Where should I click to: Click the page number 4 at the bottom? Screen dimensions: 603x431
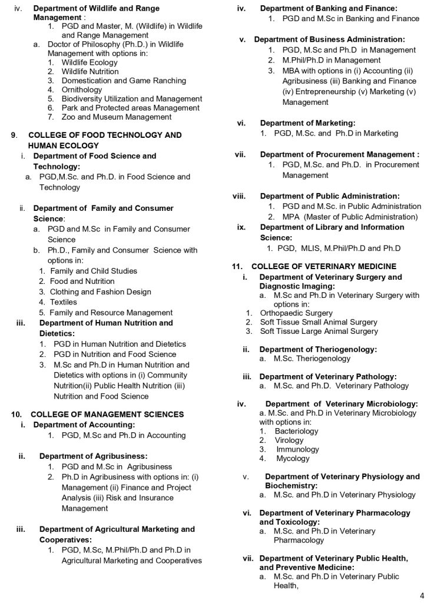pos(422,595)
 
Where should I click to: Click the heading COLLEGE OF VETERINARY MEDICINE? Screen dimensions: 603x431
pos(324,267)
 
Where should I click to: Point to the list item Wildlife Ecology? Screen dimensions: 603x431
pos(89,62)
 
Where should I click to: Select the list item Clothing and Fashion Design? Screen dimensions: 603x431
pos(101,292)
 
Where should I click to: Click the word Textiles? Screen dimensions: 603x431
pos(64,302)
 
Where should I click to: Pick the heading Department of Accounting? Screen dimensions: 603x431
pos(84,425)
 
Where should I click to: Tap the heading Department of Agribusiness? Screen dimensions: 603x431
pos(93,456)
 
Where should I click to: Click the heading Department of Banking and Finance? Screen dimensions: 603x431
pos(329,8)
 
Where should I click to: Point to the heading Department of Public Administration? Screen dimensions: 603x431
pos(330,196)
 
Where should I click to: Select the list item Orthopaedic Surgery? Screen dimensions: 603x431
pos(296,313)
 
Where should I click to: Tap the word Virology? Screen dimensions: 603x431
pos(289,440)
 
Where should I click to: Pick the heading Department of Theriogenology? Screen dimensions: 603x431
pos(318,349)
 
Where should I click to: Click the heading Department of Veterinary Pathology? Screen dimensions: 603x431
pos(328,376)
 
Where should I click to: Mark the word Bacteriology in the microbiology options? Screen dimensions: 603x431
pos(296,431)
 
